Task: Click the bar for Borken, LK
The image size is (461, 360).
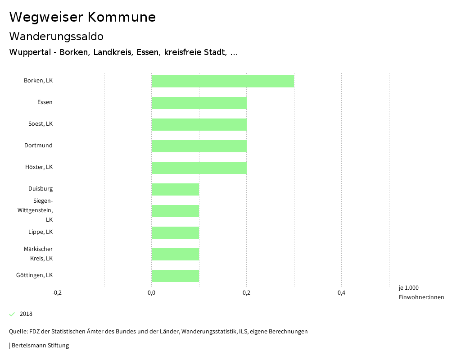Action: click(x=223, y=81)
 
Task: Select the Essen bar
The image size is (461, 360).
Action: click(x=199, y=103)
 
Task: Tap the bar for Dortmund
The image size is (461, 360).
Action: click(x=199, y=146)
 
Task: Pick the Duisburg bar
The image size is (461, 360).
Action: click(x=175, y=189)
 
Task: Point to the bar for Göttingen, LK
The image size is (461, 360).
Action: click(x=175, y=276)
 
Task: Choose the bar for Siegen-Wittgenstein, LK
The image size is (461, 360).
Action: click(x=175, y=211)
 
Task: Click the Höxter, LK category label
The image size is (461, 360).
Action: click(x=39, y=167)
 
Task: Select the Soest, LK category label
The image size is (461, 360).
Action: click(x=41, y=124)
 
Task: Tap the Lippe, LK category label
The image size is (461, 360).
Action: click(x=41, y=232)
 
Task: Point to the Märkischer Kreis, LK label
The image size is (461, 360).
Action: click(x=38, y=254)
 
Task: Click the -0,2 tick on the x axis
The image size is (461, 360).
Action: click(x=57, y=293)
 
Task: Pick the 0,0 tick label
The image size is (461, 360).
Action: click(x=152, y=293)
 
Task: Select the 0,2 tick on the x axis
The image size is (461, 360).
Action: click(x=246, y=293)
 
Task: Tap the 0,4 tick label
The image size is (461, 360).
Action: click(x=341, y=293)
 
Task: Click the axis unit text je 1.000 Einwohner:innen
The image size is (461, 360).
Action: click(x=421, y=292)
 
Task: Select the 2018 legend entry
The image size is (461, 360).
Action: click(x=26, y=314)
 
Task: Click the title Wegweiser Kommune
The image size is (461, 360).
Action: click(x=82, y=17)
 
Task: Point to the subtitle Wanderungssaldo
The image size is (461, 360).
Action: click(x=56, y=36)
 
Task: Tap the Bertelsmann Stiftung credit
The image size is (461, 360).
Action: click(x=40, y=346)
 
